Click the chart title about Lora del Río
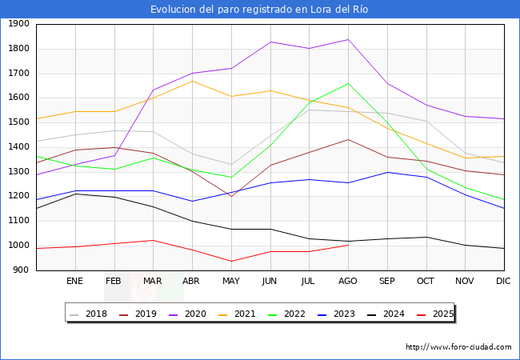pyautogui.click(x=260, y=10)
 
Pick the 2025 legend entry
pyautogui.click(x=442, y=314)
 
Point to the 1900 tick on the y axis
pyautogui.click(x=19, y=24)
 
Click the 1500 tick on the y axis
pyautogui.click(x=19, y=122)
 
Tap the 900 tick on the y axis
pyautogui.click(x=22, y=270)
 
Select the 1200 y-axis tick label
pyautogui.click(x=19, y=197)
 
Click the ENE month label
pyautogui.click(x=74, y=282)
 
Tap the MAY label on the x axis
pyautogui.click(x=231, y=282)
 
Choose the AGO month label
pyautogui.click(x=348, y=282)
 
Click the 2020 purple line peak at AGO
pyautogui.click(x=348, y=39)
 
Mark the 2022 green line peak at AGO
pyautogui.click(x=348, y=83)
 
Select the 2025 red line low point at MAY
pyautogui.click(x=231, y=261)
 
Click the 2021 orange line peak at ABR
pyautogui.click(x=192, y=81)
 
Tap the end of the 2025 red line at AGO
pyautogui.click(x=348, y=245)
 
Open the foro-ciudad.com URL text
pyautogui.click(x=458, y=347)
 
